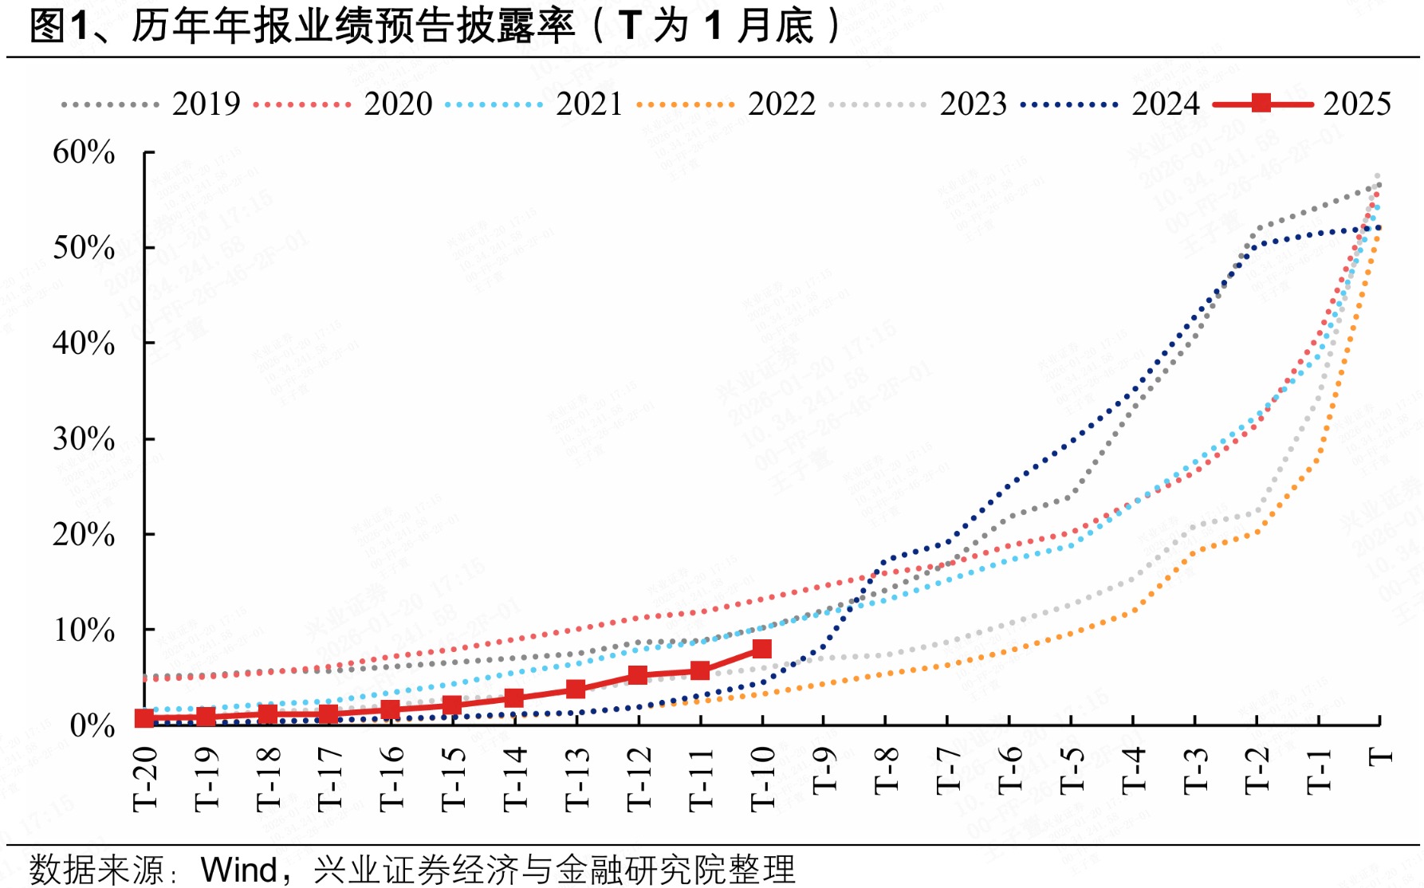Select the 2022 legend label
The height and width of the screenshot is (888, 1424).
[781, 104]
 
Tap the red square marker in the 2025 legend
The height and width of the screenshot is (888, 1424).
[1261, 103]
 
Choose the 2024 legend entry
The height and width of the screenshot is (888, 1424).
[1165, 104]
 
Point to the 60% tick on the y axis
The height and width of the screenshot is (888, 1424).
[84, 152]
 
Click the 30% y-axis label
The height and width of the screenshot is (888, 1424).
[84, 439]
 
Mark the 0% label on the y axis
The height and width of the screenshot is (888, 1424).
[92, 725]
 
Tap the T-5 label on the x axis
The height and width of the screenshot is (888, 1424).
[1072, 771]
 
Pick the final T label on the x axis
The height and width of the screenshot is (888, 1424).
[1381, 756]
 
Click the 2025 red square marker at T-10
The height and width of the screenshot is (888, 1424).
[761, 649]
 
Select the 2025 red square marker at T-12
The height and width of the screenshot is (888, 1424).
[638, 675]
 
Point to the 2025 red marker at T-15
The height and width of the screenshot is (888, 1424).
[452, 705]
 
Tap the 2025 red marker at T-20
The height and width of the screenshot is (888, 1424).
[144, 718]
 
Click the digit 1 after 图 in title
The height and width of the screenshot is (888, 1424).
[78, 26]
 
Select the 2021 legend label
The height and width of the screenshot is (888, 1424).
[589, 104]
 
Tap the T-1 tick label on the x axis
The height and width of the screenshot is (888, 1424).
[1320, 771]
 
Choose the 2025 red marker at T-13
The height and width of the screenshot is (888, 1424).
[576, 689]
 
